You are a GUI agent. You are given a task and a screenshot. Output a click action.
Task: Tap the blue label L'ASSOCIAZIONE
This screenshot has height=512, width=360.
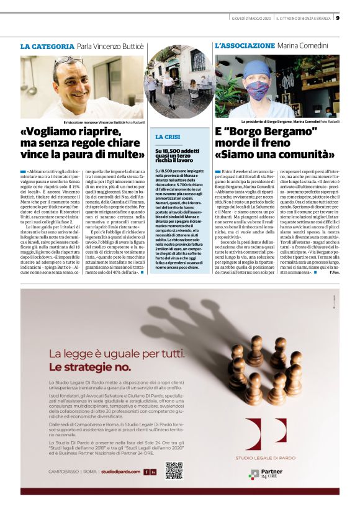245,46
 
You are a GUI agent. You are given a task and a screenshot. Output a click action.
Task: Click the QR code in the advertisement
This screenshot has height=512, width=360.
174,471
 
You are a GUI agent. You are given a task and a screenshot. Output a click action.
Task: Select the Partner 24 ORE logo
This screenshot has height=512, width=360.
268,475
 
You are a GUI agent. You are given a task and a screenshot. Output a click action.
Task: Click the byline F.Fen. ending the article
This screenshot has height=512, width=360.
334,273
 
